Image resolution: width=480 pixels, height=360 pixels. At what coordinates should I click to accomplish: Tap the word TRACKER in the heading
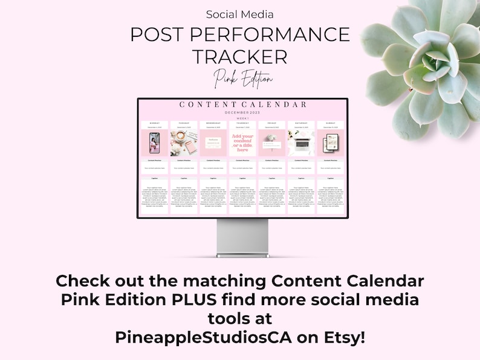(x=240, y=57)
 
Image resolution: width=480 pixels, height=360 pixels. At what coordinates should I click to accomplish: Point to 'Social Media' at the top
(x=240, y=14)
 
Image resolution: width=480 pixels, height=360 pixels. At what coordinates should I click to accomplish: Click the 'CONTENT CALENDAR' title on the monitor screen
(x=242, y=104)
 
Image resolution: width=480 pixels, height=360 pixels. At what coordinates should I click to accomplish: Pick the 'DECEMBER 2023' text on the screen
(x=242, y=112)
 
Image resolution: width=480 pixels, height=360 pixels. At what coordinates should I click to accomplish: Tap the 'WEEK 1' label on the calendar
(x=242, y=118)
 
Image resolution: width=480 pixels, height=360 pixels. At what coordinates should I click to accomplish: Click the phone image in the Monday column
(x=154, y=143)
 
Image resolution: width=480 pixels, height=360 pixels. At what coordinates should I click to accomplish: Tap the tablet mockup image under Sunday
(x=331, y=143)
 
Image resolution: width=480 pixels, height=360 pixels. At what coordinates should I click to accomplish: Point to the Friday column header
(x=272, y=123)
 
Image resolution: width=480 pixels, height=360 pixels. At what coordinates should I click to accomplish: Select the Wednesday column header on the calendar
(x=213, y=123)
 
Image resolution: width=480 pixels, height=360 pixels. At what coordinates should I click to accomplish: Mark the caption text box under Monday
(x=154, y=196)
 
